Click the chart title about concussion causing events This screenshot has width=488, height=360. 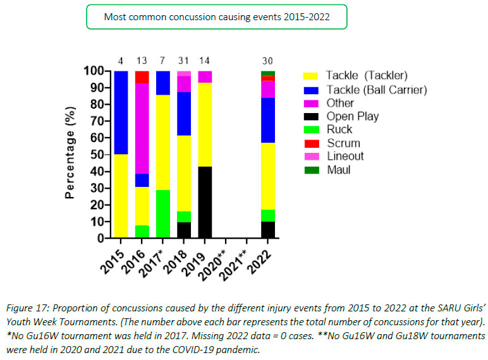point(216,17)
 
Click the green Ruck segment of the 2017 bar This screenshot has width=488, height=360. point(162,214)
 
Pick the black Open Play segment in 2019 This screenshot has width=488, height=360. point(204,202)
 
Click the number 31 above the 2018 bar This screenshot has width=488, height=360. point(183,61)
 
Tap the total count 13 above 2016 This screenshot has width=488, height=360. point(141,61)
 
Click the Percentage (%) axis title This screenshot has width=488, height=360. point(71,153)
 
